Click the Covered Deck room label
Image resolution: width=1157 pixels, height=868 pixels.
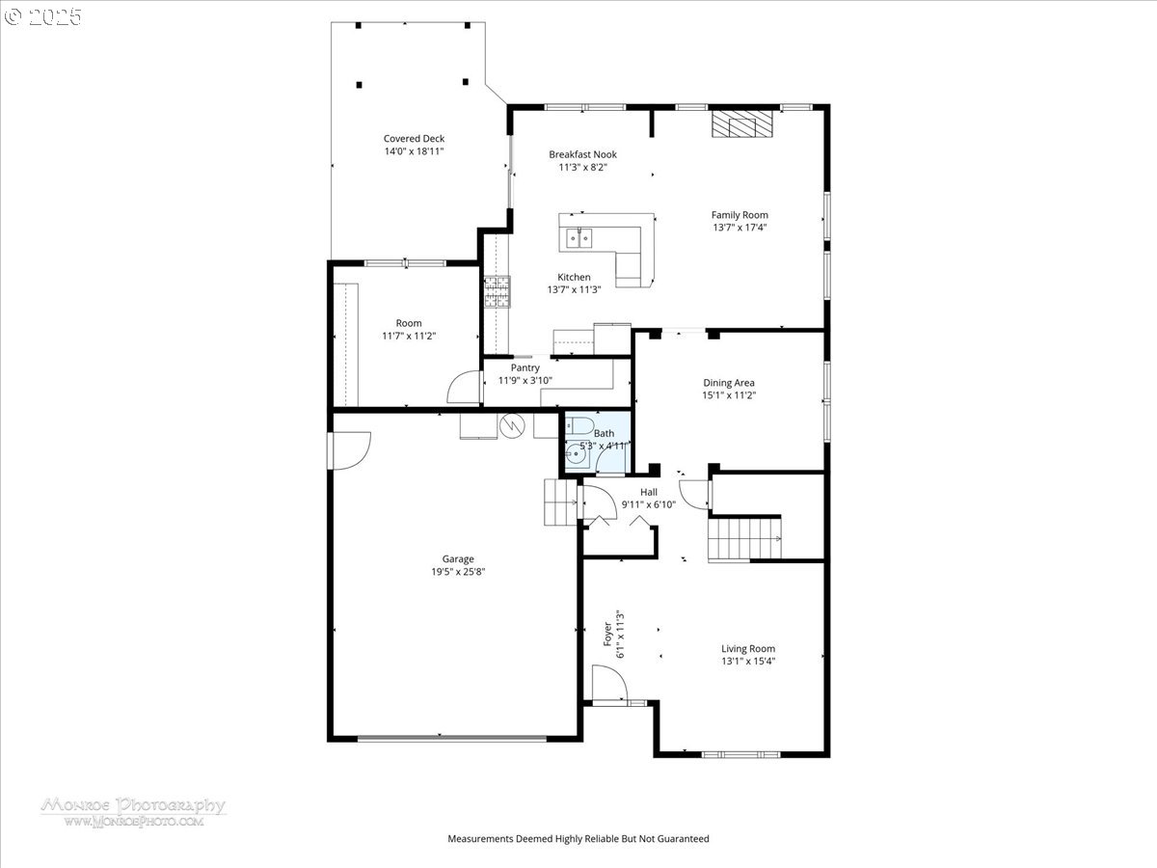pos(414,139)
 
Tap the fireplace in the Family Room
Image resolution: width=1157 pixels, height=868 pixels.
pos(742,125)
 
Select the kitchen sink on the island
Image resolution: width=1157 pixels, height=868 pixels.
pos(580,235)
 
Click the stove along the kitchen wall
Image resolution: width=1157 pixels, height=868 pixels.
pos(496,292)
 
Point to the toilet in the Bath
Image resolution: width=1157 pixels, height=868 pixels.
pos(581,426)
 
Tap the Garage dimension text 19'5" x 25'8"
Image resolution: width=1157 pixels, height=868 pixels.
pos(458,572)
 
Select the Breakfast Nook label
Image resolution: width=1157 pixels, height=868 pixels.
pos(582,154)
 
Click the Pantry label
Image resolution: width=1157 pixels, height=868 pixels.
pos(525,367)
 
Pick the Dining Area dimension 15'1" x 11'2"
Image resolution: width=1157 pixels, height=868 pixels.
pos(729,395)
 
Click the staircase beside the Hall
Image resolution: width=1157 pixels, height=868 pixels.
pos(744,538)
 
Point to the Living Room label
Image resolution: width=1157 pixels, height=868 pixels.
pos(748,649)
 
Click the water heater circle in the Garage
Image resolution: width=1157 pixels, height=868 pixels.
pos(510,425)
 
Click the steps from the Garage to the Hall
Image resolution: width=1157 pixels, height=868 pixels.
pos(559,502)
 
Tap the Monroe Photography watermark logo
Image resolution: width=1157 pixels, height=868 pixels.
pos(132,810)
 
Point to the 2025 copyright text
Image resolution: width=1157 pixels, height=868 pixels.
pos(44,16)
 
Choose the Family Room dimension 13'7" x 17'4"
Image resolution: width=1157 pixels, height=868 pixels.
pos(740,228)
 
